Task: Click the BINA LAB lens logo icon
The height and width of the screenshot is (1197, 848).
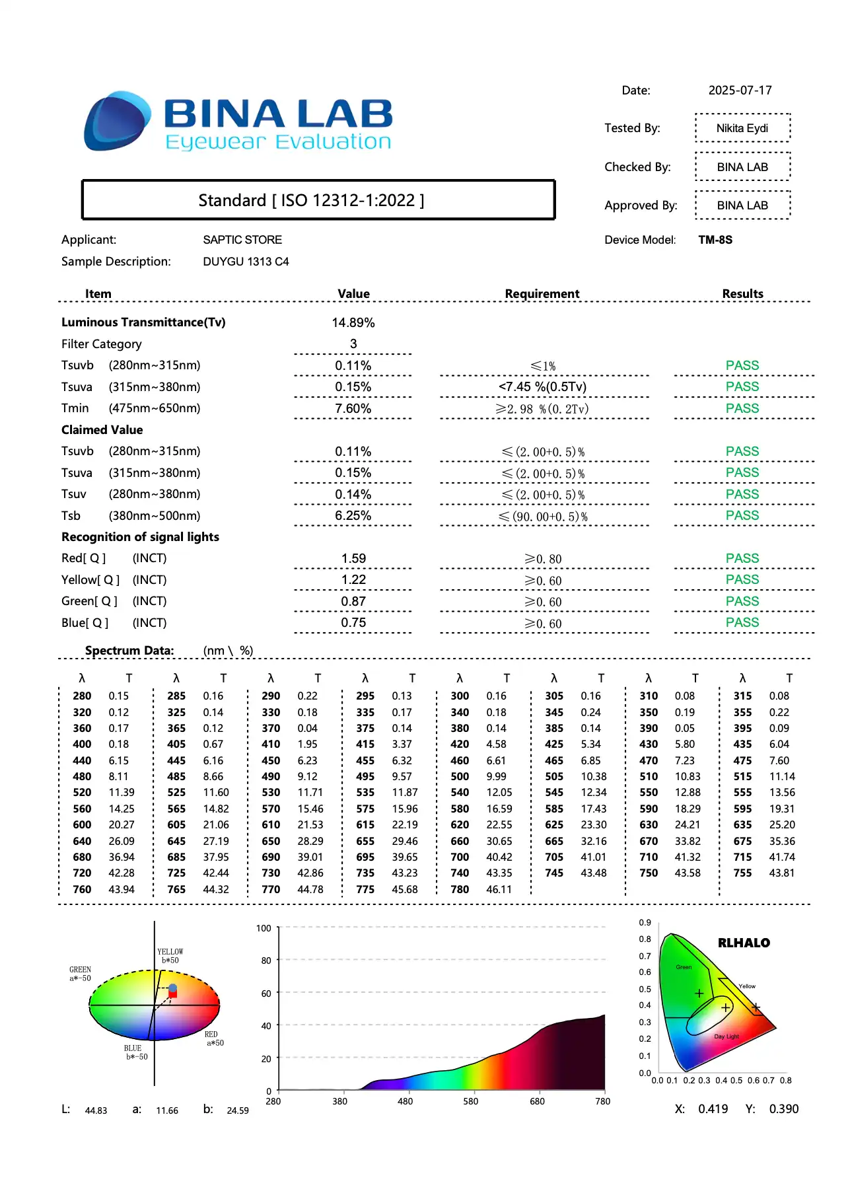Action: point(117,122)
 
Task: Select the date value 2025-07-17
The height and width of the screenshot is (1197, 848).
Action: point(740,91)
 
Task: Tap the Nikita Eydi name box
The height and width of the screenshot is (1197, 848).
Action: point(742,128)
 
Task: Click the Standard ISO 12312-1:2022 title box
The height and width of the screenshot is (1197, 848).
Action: point(318,200)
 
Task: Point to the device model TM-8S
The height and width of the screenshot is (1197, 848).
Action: point(715,240)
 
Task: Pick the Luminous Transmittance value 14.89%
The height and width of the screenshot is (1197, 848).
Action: point(353,323)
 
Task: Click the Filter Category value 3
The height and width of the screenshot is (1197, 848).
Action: point(353,344)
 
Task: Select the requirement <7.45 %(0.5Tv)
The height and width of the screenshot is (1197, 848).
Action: point(543,387)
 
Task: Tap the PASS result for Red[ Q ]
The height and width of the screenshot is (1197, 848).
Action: point(742,559)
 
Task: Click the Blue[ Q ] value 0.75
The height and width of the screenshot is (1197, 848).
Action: point(353,623)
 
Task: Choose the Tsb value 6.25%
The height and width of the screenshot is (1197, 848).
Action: point(353,516)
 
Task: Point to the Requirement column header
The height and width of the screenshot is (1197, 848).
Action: point(542,294)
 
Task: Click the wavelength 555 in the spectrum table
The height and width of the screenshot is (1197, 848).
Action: point(742,793)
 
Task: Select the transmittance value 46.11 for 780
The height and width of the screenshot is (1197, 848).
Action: point(499,890)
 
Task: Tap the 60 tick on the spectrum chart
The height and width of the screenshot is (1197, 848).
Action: point(266,994)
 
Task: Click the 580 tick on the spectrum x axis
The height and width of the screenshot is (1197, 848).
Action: point(471,1101)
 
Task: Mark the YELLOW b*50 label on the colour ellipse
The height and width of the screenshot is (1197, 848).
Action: point(170,956)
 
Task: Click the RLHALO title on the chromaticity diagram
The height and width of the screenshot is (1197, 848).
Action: point(744,943)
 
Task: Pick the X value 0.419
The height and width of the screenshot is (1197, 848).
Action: point(713,1109)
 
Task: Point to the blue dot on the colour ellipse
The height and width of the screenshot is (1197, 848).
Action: point(173,988)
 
